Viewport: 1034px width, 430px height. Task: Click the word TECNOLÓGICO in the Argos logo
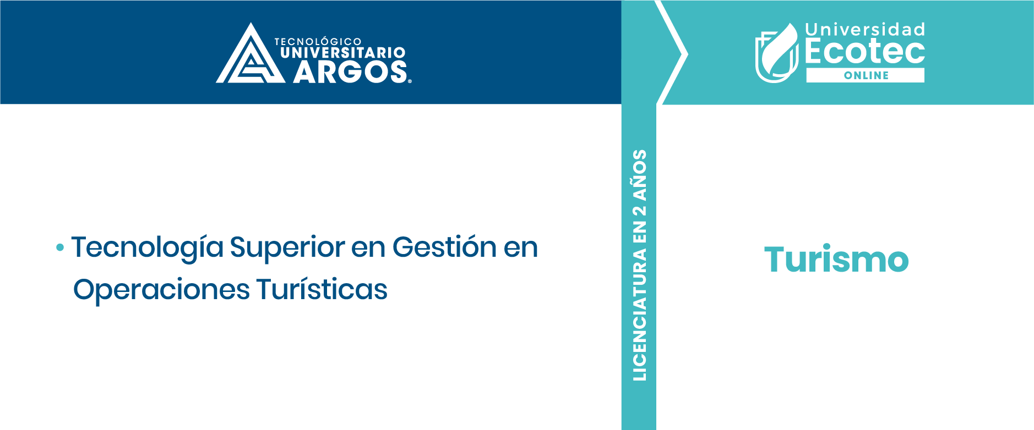click(x=318, y=41)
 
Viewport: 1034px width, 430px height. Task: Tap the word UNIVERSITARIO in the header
click(x=342, y=53)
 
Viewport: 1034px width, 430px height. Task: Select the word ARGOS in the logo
click(x=350, y=72)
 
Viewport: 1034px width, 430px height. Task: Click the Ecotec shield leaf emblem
click(x=776, y=53)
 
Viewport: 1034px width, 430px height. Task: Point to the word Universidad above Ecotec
click(x=865, y=30)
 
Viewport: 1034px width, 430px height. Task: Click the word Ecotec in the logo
click(x=865, y=51)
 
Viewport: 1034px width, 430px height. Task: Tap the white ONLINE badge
click(x=866, y=75)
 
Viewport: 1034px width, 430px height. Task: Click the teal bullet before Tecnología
click(x=60, y=248)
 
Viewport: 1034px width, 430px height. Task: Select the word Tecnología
click(x=148, y=248)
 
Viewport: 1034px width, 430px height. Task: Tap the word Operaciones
click(x=161, y=290)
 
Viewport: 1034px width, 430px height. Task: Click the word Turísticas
click(x=322, y=289)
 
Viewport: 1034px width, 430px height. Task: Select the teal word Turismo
click(x=836, y=259)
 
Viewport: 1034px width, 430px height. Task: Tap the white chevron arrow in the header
click(x=672, y=53)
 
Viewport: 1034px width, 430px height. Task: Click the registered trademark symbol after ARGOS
click(x=410, y=81)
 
